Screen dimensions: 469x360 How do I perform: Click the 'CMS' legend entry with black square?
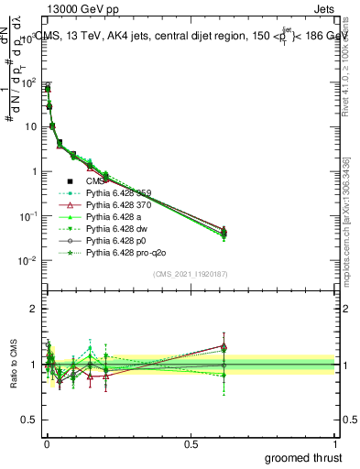[x=96, y=181]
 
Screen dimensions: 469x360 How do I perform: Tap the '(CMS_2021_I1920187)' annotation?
[x=190, y=272]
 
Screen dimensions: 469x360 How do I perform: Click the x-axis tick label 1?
[x=334, y=444]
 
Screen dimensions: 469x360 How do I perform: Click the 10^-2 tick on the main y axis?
[x=28, y=260]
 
